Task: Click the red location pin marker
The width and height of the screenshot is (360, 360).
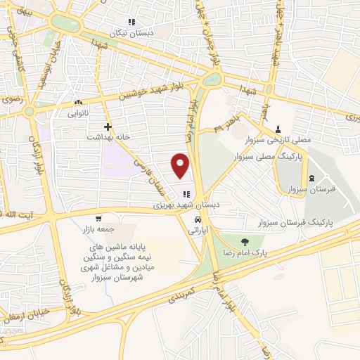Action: tap(181, 165)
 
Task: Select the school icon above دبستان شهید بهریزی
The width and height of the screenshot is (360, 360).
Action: tap(186, 194)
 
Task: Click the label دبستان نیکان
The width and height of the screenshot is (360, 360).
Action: tap(131, 33)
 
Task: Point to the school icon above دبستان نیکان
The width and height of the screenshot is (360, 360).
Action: tap(131, 22)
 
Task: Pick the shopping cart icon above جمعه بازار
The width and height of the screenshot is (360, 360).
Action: tap(99, 219)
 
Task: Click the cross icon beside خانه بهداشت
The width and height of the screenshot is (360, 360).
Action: tap(107, 127)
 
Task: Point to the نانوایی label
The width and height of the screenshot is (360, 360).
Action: tap(79, 112)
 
